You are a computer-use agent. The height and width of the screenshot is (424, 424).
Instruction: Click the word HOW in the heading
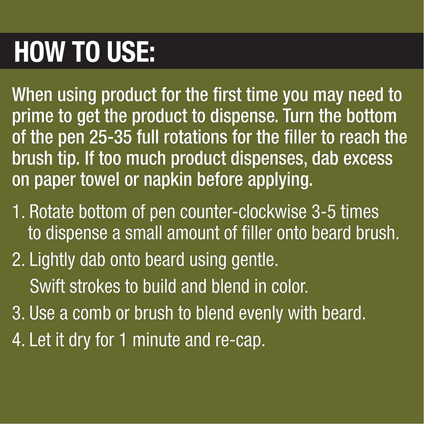tap(39, 51)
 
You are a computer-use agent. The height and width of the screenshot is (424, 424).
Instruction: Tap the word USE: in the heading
tap(131, 51)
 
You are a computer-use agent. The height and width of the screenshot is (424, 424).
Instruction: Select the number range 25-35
tap(110, 137)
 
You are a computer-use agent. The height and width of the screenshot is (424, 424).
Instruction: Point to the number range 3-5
tap(323, 212)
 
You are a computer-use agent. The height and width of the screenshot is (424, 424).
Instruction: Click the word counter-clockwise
tap(243, 212)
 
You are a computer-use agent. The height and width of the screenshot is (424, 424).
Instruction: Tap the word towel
tap(100, 180)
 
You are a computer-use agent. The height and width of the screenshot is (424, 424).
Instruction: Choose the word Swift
tap(47, 286)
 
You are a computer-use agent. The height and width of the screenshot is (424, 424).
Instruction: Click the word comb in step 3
tap(91, 313)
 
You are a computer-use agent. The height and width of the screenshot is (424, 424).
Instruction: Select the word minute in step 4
tap(156, 340)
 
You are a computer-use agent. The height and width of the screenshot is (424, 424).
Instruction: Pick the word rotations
tap(195, 137)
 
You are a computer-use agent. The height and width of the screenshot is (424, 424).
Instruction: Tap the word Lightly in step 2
tap(52, 261)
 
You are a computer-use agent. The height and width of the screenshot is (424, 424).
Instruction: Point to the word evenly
tap(261, 314)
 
